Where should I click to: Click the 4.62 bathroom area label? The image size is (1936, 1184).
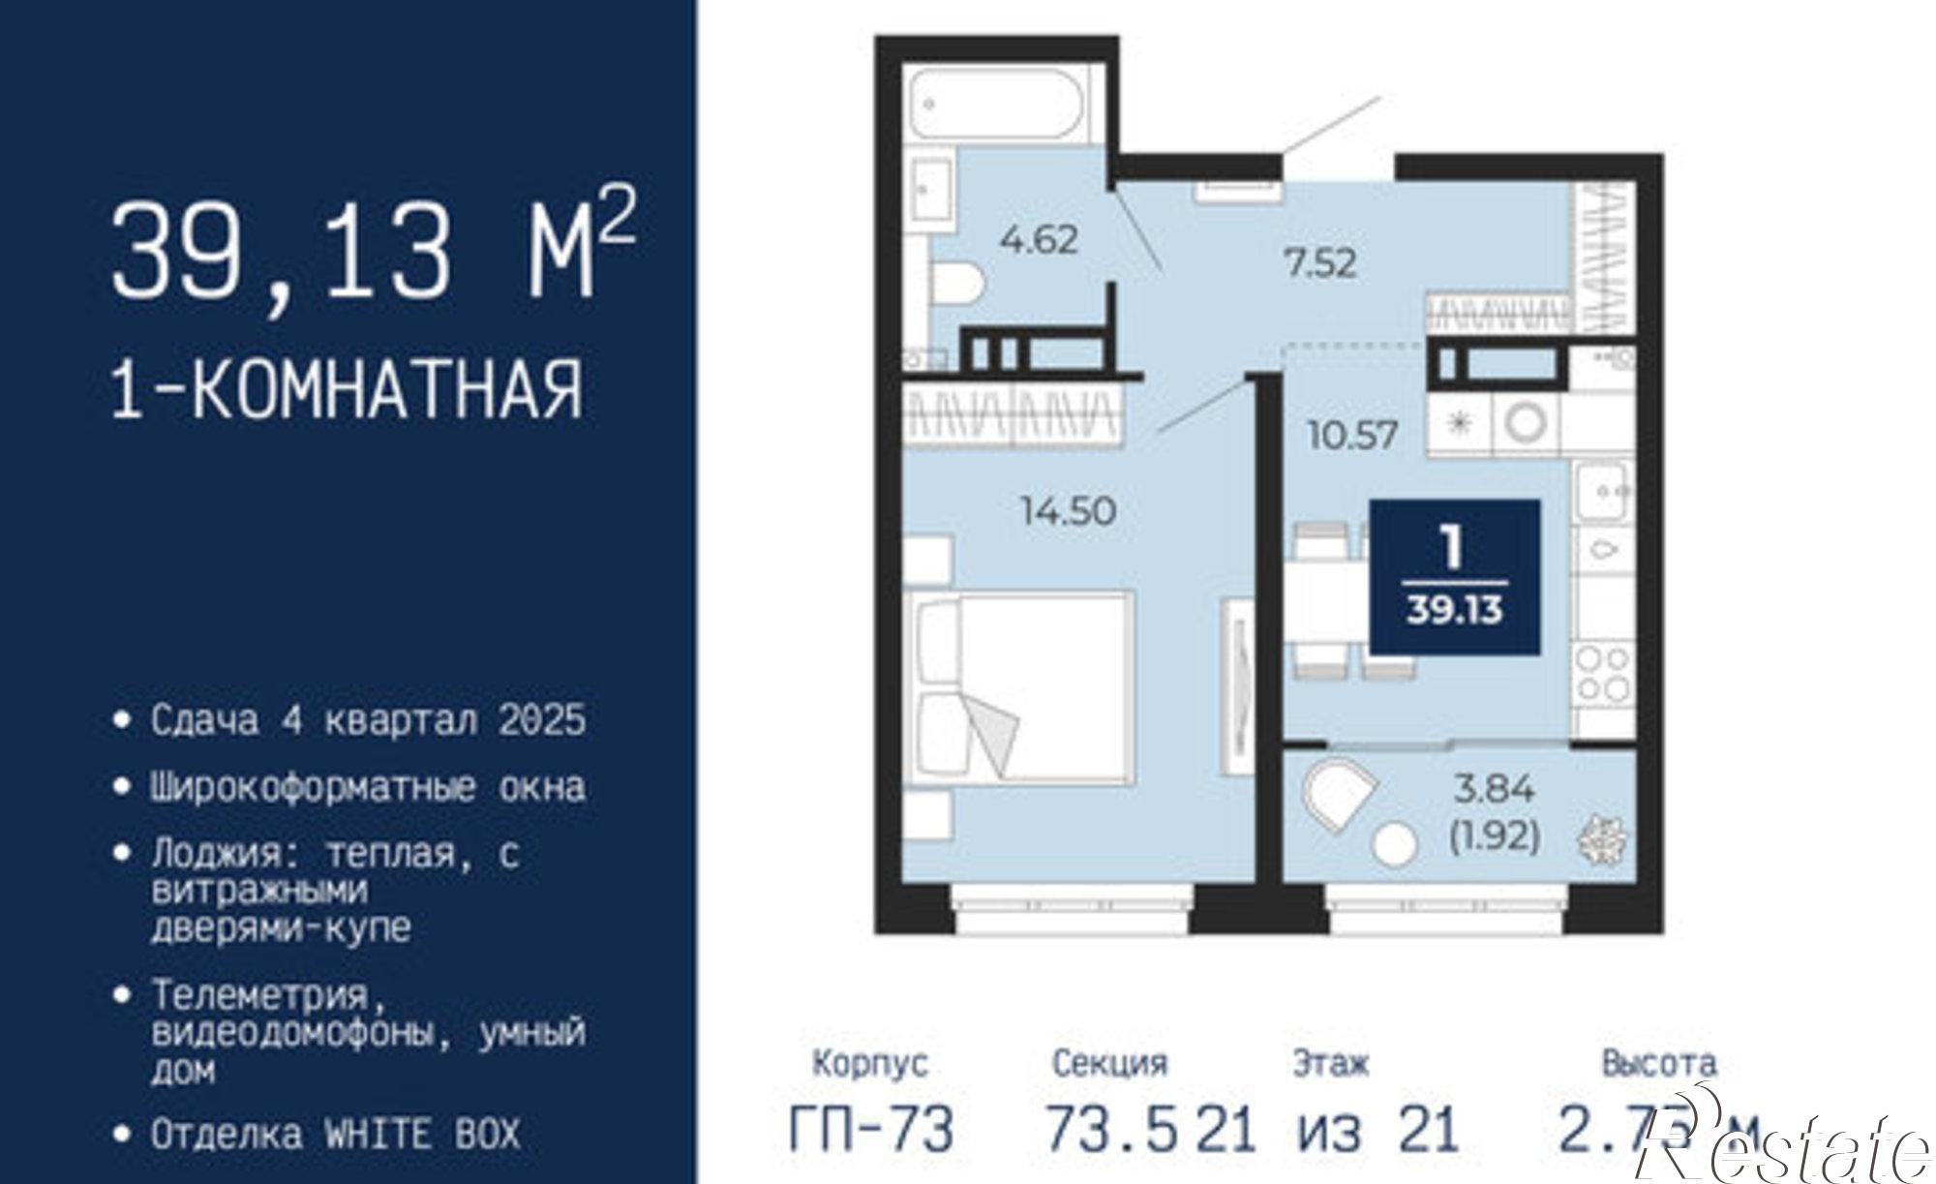(x=1039, y=239)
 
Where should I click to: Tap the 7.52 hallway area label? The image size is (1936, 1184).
(x=1320, y=262)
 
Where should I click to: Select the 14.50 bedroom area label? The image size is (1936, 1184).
(x=1069, y=510)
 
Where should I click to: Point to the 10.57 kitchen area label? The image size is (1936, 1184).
(x=1352, y=435)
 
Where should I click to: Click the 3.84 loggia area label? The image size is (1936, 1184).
(x=1495, y=790)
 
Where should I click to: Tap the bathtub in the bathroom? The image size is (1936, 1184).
(x=996, y=103)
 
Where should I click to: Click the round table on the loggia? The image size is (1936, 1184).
(x=1395, y=842)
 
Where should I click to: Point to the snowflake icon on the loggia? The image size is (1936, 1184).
(x=1602, y=839)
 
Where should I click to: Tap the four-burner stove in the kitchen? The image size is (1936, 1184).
(x=1602, y=674)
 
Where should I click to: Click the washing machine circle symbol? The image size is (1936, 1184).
(x=1526, y=422)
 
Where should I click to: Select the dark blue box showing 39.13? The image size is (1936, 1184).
(x=1454, y=578)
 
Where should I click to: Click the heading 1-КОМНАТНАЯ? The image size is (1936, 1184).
(x=348, y=389)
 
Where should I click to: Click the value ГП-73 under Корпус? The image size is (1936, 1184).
(x=871, y=1129)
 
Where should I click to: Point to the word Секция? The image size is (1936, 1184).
(x=1110, y=1063)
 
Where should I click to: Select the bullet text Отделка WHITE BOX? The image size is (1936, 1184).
(x=335, y=1134)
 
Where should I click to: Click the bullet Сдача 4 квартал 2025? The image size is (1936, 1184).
(x=368, y=721)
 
